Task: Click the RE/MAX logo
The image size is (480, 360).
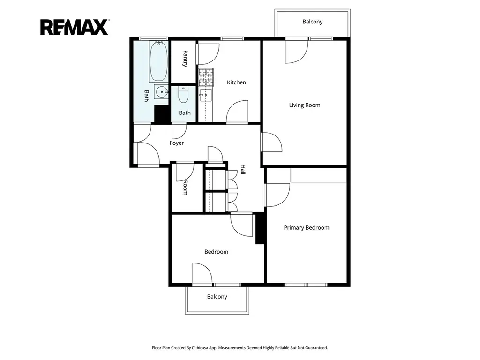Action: (x=75, y=27)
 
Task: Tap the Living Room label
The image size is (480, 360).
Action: (x=305, y=105)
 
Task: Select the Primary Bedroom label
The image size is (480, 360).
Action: (x=307, y=228)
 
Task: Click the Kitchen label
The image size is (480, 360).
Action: (x=236, y=82)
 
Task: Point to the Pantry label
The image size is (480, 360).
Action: (x=185, y=59)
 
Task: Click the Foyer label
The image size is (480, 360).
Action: (x=177, y=143)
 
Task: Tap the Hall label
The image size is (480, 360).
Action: (x=243, y=170)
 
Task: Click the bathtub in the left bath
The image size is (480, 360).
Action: (x=158, y=61)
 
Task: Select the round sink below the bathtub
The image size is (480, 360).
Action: (x=161, y=91)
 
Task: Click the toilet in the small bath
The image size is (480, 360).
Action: (x=183, y=95)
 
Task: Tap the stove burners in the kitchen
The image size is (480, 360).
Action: (x=206, y=77)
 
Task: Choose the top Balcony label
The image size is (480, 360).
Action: (x=313, y=22)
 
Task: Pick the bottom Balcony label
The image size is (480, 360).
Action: (x=217, y=297)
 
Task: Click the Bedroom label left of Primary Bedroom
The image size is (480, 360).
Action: (x=217, y=252)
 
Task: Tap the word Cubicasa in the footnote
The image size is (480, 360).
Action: (x=201, y=348)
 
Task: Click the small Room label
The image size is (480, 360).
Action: (x=185, y=187)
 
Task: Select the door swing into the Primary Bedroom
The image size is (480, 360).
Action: (x=277, y=195)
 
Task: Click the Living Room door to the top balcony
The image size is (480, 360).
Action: (x=297, y=52)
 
